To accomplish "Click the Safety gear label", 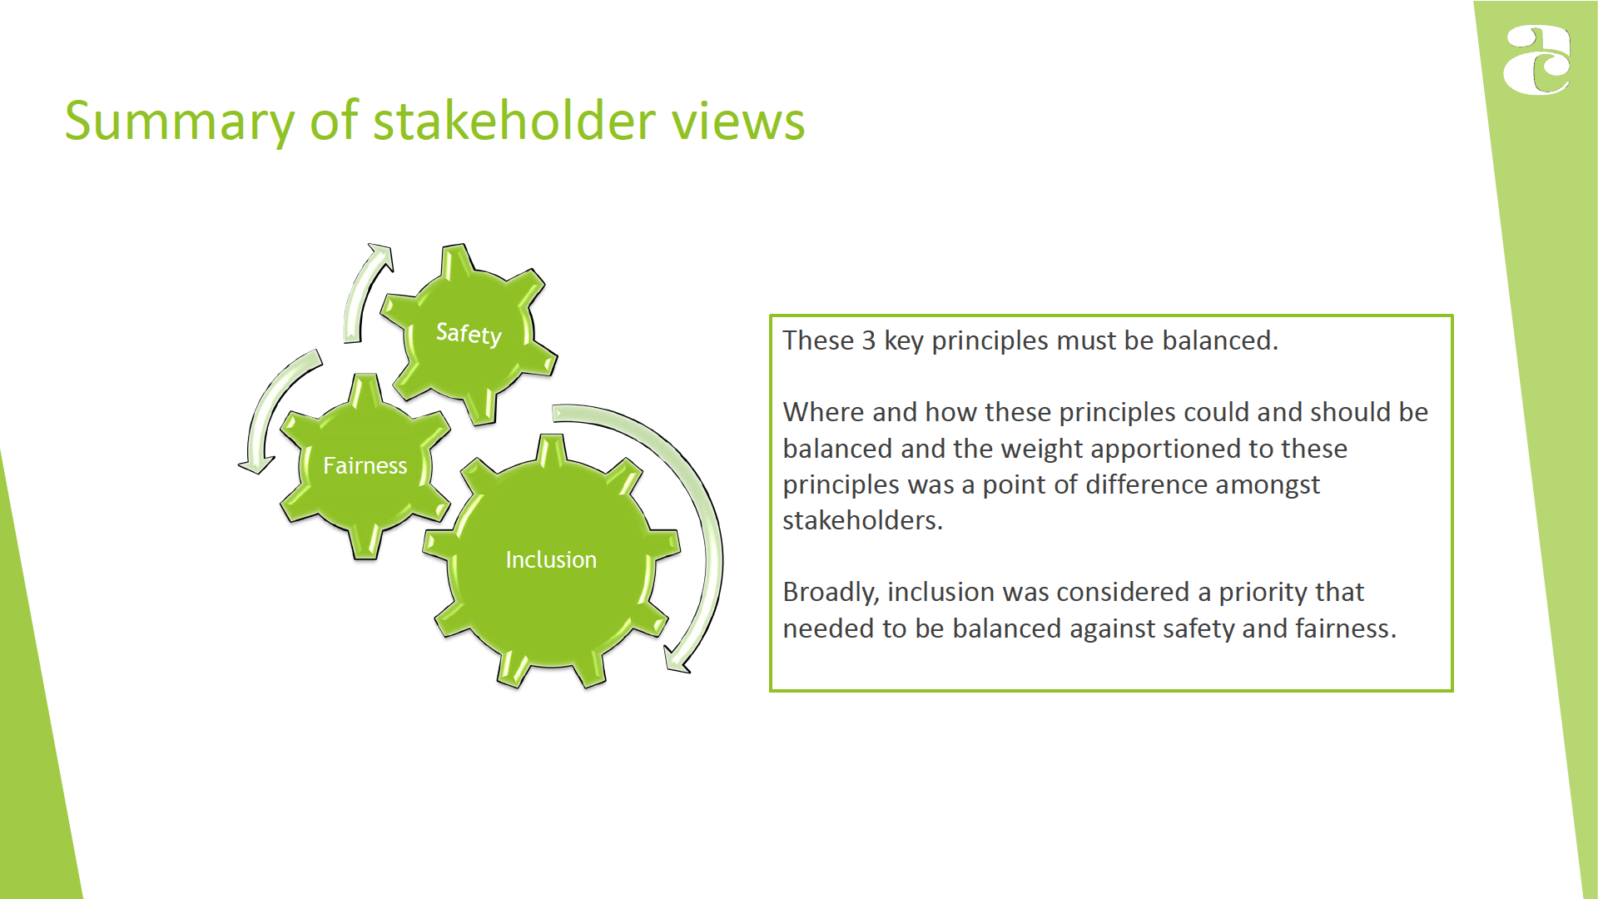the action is coord(469,334).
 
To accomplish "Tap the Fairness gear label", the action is coord(365,465).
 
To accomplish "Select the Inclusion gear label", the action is coord(551,559).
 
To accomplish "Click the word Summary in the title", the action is coord(180,122).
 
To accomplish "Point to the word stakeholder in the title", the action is coord(514,120).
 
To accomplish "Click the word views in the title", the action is coord(738,122).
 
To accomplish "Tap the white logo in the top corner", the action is coord(1536,60).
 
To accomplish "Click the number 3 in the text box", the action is coord(868,340).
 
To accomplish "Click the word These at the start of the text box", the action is coord(818,340).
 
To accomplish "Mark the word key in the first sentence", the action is coord(903,341).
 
